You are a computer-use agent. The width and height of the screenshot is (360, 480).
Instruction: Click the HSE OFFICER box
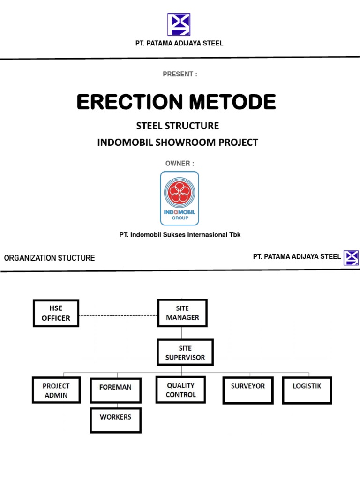(x=56, y=313)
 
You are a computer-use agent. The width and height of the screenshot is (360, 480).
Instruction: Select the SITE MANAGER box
(x=182, y=313)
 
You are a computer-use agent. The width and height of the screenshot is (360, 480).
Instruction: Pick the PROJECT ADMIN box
(x=56, y=390)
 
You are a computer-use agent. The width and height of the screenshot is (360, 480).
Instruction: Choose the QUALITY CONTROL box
(x=180, y=390)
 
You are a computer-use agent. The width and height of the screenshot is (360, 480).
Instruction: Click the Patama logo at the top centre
(x=179, y=24)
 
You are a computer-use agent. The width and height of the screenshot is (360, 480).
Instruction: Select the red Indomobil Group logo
(x=180, y=198)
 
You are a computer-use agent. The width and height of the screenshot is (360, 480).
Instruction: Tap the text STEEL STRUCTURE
(x=178, y=126)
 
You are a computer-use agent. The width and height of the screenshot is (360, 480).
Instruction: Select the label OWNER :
(x=178, y=163)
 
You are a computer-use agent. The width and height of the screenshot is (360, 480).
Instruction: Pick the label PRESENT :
(x=180, y=74)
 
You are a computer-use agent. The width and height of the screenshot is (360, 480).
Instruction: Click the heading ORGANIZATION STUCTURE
(x=49, y=258)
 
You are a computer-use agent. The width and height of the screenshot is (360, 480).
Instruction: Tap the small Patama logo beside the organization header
(x=351, y=257)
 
